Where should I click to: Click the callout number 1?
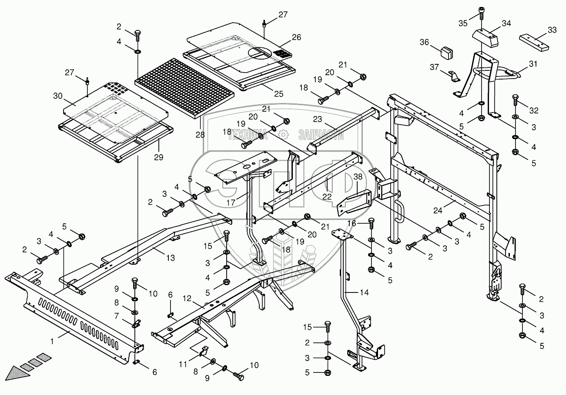(52, 342)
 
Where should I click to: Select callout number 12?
(187, 299)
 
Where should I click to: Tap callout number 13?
(171, 258)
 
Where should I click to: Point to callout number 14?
(364, 292)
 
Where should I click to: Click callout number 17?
(231, 202)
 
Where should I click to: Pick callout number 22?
(327, 196)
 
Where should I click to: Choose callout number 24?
(438, 210)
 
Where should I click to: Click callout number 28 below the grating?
(200, 135)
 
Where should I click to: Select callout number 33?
(553, 30)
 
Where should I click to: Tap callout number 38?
(358, 177)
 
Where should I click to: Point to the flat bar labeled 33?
(534, 43)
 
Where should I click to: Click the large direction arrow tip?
(6, 379)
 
